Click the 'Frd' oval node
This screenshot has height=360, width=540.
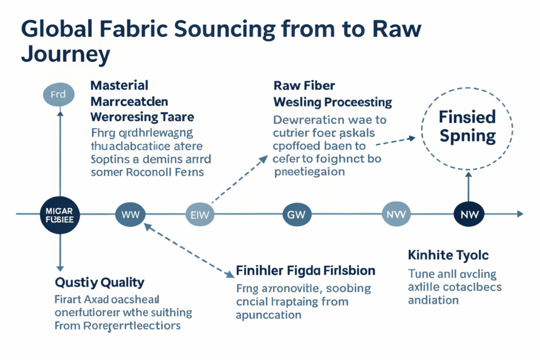click(x=59, y=95)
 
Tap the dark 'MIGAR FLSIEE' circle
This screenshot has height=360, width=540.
click(x=60, y=215)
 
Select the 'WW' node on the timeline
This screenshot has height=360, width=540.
click(x=130, y=215)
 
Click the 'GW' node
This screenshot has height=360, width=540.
click(x=297, y=215)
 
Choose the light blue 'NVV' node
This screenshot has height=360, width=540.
click(x=396, y=215)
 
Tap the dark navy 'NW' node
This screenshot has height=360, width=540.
click(x=468, y=215)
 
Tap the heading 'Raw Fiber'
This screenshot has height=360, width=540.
click(x=304, y=85)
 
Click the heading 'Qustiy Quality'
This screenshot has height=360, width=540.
click(x=99, y=283)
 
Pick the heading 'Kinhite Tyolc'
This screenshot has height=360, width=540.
click(x=448, y=256)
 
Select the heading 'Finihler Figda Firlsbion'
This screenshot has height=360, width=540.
click(x=306, y=271)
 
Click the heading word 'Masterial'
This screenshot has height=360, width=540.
click(x=119, y=85)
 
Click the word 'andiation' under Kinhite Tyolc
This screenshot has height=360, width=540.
click(x=433, y=300)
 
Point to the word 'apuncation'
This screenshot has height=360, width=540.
click(x=268, y=315)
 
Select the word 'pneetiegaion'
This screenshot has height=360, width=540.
click(x=310, y=172)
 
